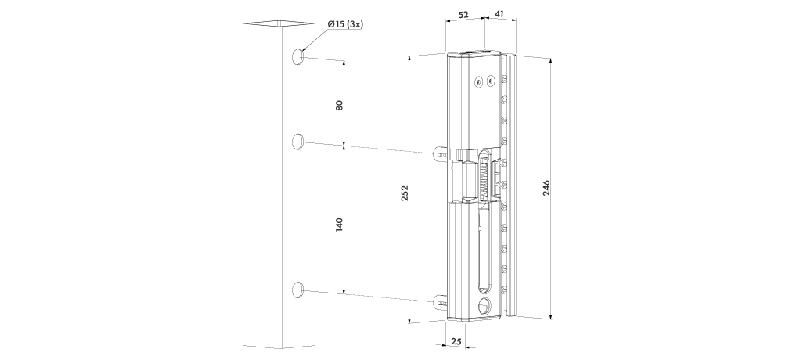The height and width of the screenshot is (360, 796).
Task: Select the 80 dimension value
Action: (339, 104)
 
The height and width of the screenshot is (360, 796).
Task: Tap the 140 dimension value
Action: (339, 227)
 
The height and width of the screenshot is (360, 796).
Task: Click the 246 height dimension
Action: (546, 188)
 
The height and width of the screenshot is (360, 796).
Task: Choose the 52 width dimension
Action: (464, 14)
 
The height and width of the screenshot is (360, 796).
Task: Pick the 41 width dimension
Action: (499, 14)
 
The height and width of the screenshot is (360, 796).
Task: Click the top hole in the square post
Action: (297, 57)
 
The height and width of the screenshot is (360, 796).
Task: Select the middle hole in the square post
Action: (297, 142)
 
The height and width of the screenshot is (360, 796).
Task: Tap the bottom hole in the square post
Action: (297, 291)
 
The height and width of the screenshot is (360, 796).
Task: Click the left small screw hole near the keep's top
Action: (477, 80)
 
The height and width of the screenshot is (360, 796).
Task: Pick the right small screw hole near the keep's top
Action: (490, 79)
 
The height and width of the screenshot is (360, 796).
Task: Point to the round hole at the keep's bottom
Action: (483, 304)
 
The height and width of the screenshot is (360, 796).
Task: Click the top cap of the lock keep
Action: (473, 53)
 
